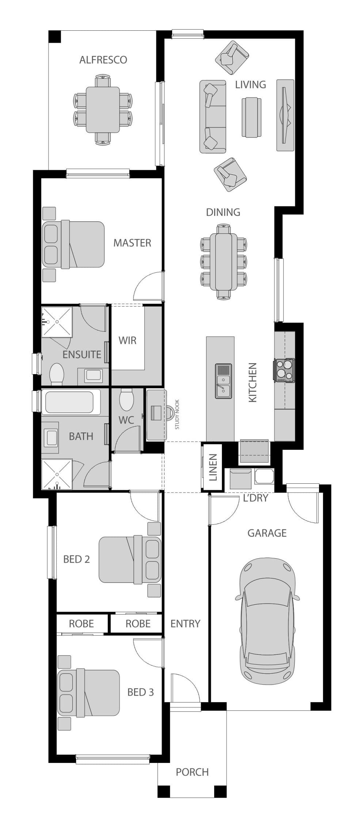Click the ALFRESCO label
click(x=103, y=60)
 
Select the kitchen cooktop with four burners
click(x=285, y=370)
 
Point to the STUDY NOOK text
click(x=177, y=419)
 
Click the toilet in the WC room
click(x=126, y=400)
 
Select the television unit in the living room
click(x=285, y=115)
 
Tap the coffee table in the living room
click(x=251, y=117)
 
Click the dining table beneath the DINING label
click(x=224, y=262)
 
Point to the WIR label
click(x=128, y=340)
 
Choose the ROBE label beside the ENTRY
click(x=138, y=624)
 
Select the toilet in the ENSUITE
click(x=57, y=373)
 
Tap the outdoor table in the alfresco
click(x=103, y=110)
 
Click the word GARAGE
click(x=267, y=533)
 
